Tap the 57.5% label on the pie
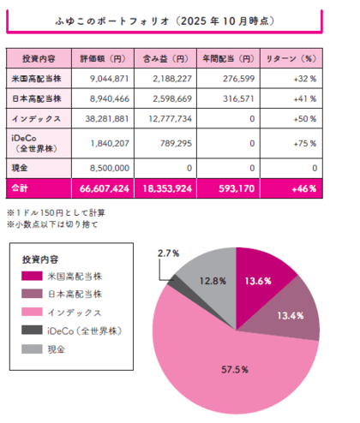tap(236, 369)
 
